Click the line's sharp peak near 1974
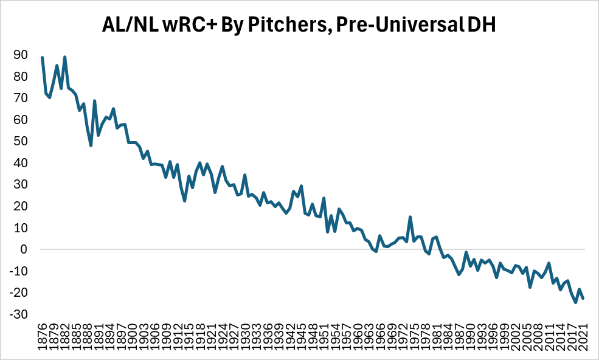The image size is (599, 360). pyautogui.click(x=410, y=217)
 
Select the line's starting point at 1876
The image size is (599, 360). pyautogui.click(x=42, y=57)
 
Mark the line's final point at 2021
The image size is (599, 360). pyautogui.click(x=584, y=298)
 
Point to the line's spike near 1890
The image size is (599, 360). pyautogui.click(x=94, y=101)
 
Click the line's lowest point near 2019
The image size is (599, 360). pyautogui.click(x=576, y=302)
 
